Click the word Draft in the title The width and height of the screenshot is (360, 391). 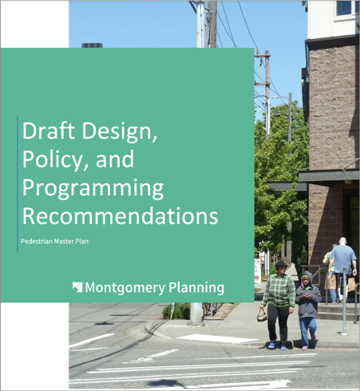[49, 130]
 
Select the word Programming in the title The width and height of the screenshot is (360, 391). [93, 189]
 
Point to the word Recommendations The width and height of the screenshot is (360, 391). [121, 215]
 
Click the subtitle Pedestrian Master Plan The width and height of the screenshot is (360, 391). [54, 241]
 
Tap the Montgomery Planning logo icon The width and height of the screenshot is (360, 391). [77, 287]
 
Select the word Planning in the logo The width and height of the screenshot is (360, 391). [196, 288]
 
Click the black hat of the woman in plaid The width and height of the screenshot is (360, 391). [281, 264]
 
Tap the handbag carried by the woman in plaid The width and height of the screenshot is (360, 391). [262, 316]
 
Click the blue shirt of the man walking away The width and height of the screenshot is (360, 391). [343, 259]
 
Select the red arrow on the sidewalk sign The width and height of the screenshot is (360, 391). [257, 278]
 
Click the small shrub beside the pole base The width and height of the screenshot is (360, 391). [176, 311]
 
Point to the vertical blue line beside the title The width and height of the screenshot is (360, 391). [18, 184]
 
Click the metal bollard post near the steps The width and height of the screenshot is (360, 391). [344, 301]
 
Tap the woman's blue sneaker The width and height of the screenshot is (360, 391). [271, 345]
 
